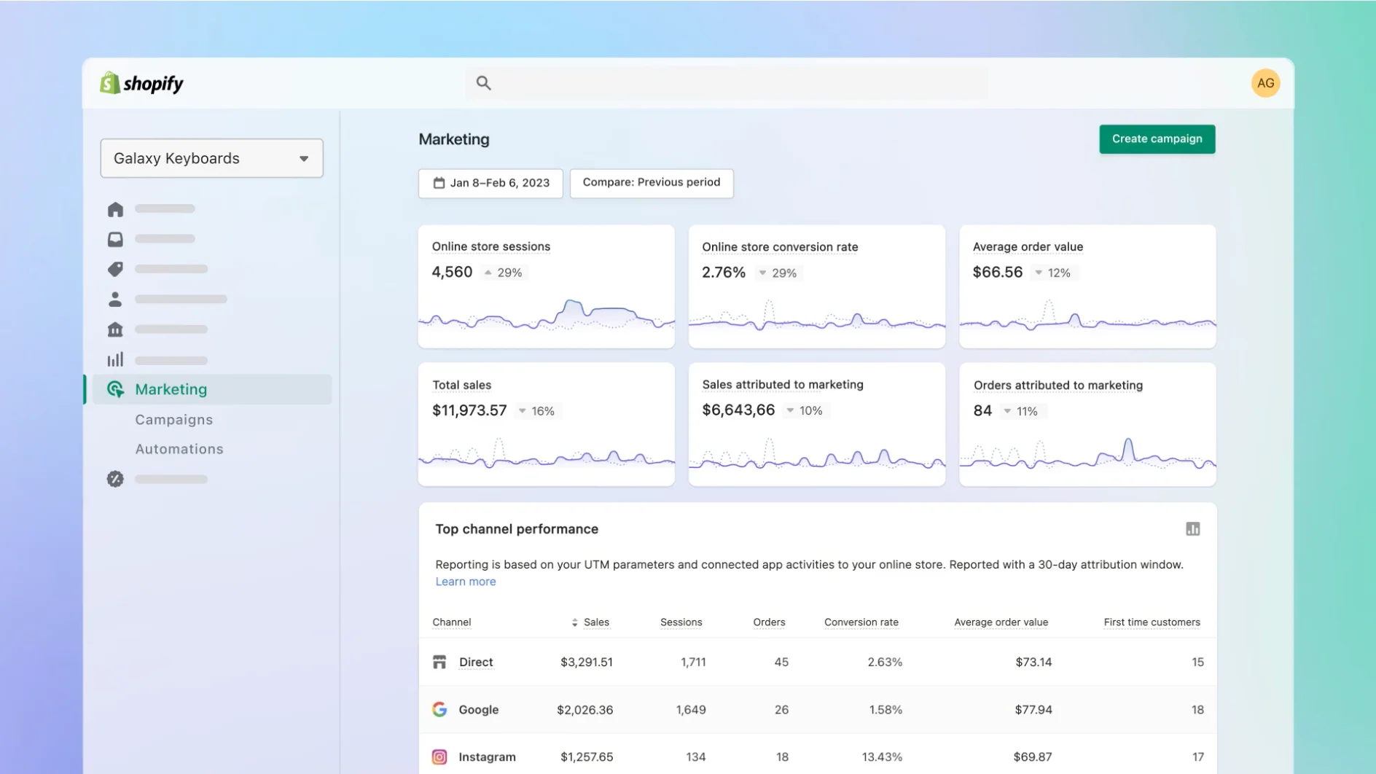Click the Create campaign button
click(x=1157, y=139)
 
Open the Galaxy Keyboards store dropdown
click(x=211, y=158)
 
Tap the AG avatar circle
click(x=1265, y=83)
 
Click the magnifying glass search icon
click(x=483, y=83)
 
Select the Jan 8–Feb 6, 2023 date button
click(x=490, y=183)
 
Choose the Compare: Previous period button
click(x=651, y=183)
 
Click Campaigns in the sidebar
click(x=173, y=420)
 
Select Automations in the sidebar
click(x=179, y=449)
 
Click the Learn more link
click(x=465, y=582)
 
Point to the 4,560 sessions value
click(x=452, y=272)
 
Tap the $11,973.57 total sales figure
click(x=469, y=410)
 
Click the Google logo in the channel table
click(x=439, y=709)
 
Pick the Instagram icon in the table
click(x=439, y=757)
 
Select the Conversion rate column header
click(x=861, y=622)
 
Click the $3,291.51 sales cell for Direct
click(x=586, y=662)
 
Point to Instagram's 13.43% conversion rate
click(x=882, y=757)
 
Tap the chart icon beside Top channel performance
click(x=1192, y=529)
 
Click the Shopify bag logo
click(x=110, y=83)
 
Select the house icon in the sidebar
click(x=115, y=210)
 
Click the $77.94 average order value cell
click(x=1033, y=709)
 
